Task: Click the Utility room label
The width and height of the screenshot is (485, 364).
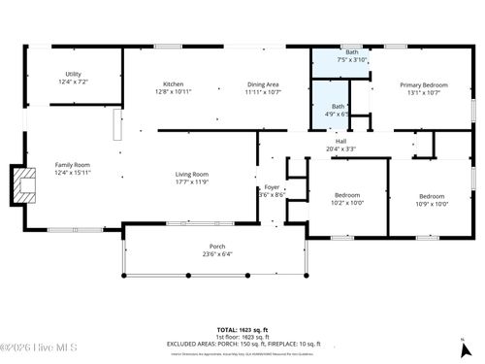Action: [x=74, y=74]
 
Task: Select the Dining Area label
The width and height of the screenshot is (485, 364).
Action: [x=262, y=84]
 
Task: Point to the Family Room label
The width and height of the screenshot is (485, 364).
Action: [x=73, y=166]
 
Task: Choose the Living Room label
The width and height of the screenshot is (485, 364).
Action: [x=192, y=175]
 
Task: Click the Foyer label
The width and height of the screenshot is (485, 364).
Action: [x=271, y=186]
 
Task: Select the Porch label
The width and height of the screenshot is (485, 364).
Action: [x=218, y=247]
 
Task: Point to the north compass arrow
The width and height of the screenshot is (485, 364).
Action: [x=462, y=341]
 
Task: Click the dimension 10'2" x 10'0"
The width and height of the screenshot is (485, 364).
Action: [x=346, y=202]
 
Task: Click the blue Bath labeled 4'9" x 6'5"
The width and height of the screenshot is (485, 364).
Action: [x=338, y=110]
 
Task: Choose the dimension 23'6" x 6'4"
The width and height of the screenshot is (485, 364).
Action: [x=218, y=253]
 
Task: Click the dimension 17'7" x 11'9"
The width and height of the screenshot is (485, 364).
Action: [x=192, y=182]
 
